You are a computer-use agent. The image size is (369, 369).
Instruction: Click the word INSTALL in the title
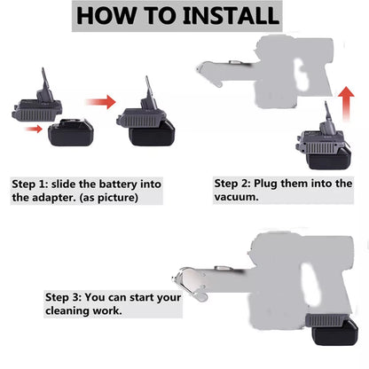(x=231, y=15)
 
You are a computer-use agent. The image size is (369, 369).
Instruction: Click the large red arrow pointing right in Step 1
(x=101, y=102)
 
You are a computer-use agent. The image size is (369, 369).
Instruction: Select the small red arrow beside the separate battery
(x=34, y=129)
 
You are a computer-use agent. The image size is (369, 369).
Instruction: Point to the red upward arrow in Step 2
(x=346, y=104)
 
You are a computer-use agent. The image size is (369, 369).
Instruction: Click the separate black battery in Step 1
(x=71, y=132)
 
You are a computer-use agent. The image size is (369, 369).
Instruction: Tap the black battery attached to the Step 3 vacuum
(x=334, y=333)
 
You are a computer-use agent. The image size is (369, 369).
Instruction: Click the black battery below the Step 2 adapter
(x=330, y=159)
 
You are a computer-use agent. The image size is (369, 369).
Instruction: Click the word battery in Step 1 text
(x=118, y=184)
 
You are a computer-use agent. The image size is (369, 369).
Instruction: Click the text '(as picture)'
(x=108, y=198)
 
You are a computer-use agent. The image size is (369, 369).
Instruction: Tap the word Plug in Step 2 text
(x=265, y=184)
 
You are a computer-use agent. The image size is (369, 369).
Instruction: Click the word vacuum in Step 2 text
(x=236, y=197)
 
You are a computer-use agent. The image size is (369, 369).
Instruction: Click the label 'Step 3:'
(x=63, y=297)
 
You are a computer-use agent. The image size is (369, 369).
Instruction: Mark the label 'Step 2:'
(x=232, y=184)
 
